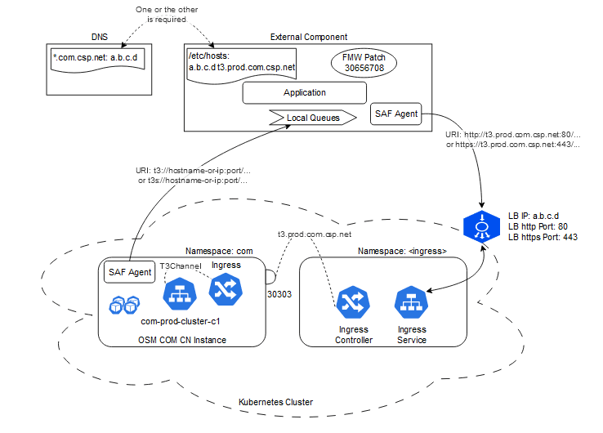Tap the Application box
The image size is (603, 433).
pyautogui.click(x=304, y=93)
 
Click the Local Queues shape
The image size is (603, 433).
pyautogui.click(x=314, y=118)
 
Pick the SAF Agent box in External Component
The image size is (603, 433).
pyautogui.click(x=396, y=115)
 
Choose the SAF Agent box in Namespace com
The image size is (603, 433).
pyautogui.click(x=129, y=272)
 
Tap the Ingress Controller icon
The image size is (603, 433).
pyautogui.click(x=354, y=302)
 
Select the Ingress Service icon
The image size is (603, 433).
pyautogui.click(x=411, y=302)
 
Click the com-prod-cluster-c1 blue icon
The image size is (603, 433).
pyautogui.click(x=177, y=293)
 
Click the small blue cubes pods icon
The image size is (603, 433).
pyautogui.click(x=123, y=304)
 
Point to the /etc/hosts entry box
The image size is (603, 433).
pyautogui.click(x=241, y=63)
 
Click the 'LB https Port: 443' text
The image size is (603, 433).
pyautogui.click(x=543, y=237)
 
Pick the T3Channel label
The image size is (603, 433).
pyautogui.click(x=176, y=266)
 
